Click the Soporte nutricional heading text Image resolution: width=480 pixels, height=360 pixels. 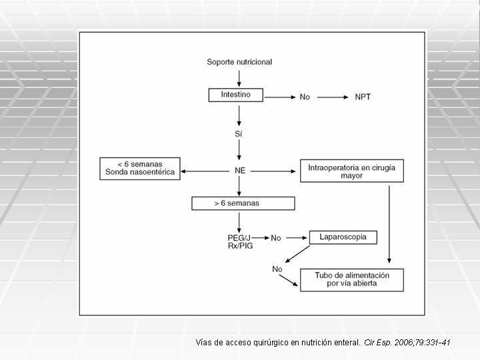(239, 62)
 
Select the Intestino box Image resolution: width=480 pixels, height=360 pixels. (236, 95)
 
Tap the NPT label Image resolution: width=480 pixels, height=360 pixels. (363, 97)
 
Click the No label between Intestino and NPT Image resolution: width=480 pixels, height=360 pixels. (305, 97)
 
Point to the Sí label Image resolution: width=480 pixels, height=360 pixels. (239, 134)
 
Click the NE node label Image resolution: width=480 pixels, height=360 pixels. (240, 171)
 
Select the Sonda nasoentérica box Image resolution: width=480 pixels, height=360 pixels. (140, 169)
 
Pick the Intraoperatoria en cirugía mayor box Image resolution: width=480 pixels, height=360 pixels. (352, 171)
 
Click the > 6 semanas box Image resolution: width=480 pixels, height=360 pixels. (243, 203)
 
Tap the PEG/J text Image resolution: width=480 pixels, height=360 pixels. (239, 238)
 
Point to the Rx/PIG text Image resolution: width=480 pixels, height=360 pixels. (240, 246)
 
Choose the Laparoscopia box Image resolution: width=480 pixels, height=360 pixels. (343, 237)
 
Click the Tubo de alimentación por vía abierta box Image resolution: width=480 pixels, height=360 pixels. (352, 280)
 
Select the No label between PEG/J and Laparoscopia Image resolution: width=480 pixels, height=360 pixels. (276, 238)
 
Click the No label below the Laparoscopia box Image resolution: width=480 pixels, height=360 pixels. (277, 269)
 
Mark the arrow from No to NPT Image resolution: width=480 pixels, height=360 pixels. (333, 97)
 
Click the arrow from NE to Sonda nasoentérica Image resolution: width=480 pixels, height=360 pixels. (205, 171)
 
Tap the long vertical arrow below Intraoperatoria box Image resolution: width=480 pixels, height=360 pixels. (389, 225)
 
